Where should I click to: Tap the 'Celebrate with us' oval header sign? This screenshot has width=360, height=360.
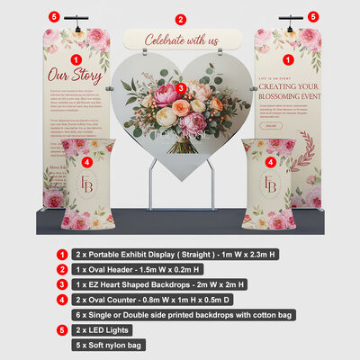[x=182, y=40]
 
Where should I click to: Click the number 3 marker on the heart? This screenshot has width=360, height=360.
[x=181, y=87]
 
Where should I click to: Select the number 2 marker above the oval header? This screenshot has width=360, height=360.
[x=180, y=19]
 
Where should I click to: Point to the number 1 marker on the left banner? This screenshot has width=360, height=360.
[x=76, y=58]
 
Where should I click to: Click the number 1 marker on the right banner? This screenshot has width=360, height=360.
[x=288, y=58]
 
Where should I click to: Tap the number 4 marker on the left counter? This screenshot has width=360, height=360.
[x=86, y=162]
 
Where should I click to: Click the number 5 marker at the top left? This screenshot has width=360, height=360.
[x=53, y=16]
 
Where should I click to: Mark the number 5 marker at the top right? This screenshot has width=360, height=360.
[x=313, y=16]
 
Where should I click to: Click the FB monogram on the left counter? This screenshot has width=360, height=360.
[x=87, y=184]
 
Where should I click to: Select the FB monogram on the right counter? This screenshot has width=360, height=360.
[x=269, y=184]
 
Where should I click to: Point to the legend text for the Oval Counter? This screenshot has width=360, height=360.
[x=153, y=300]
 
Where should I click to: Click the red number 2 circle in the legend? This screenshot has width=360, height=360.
[x=60, y=269]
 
